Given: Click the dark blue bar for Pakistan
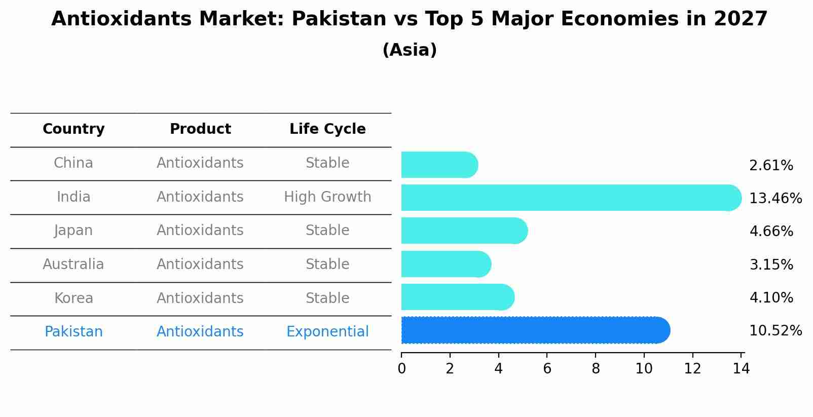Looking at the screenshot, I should click(535, 330).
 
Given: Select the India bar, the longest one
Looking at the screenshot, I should click(571, 198).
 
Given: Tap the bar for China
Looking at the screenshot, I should click(439, 165).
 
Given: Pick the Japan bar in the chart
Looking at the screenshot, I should click(464, 231).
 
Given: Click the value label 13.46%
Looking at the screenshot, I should click(775, 198).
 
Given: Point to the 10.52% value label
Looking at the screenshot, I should click(775, 331).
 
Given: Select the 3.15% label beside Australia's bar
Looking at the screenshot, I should click(771, 264).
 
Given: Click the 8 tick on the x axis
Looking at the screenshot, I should click(596, 369).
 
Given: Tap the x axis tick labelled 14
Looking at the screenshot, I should click(741, 369).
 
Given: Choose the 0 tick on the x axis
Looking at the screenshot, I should click(401, 369).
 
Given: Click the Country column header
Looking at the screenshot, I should click(73, 129).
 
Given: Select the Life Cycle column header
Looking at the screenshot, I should click(327, 129).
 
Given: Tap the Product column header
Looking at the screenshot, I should click(200, 129).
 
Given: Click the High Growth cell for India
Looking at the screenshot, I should click(327, 197).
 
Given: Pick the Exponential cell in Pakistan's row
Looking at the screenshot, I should click(327, 332).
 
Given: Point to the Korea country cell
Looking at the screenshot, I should click(73, 298).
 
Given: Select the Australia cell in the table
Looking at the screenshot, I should click(73, 264).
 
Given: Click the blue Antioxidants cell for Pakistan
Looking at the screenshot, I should click(200, 332).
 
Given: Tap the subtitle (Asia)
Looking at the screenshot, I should click(410, 50).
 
